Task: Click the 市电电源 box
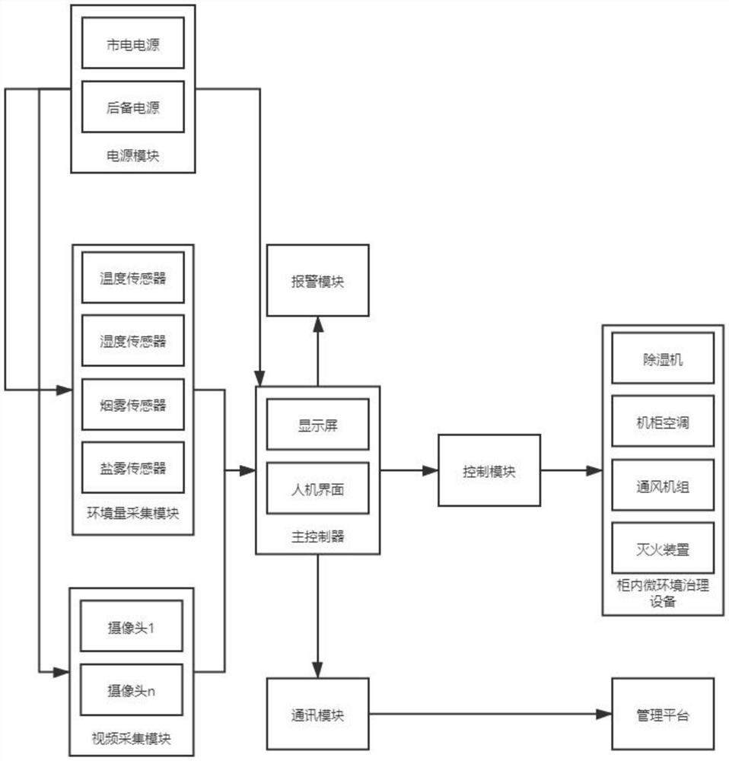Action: (133, 43)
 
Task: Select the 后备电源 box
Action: (133, 107)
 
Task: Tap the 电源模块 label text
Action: (133, 156)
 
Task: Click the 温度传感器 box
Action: (133, 278)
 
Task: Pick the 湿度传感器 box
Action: (133, 341)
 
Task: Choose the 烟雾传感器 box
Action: (133, 405)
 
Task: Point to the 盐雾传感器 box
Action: (133, 468)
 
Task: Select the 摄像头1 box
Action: (132, 626)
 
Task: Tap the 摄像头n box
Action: (132, 689)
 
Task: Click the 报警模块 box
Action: (318, 281)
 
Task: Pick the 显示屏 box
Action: (318, 425)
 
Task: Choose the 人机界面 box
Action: (318, 489)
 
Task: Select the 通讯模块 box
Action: (318, 714)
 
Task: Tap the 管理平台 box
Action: (663, 714)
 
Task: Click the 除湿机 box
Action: (663, 358)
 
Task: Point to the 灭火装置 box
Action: (663, 549)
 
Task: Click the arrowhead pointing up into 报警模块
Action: (318, 324)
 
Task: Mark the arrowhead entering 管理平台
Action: (603, 714)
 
